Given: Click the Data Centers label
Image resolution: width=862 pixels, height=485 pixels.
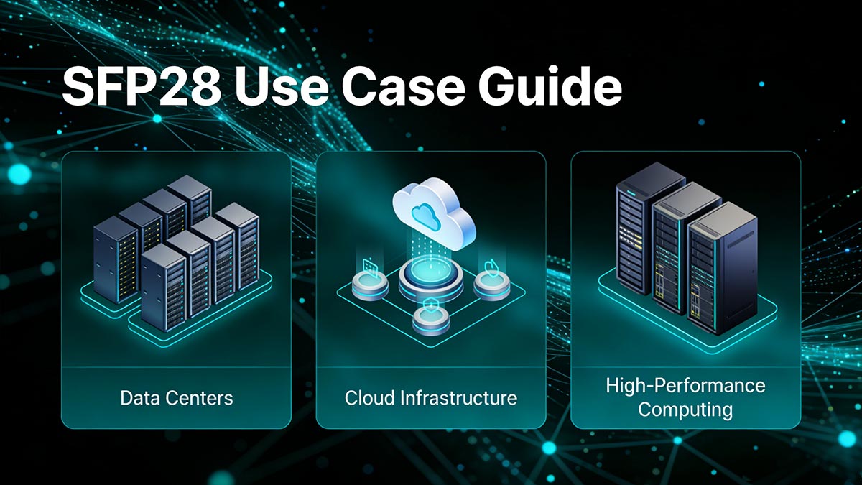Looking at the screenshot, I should pos(177,397).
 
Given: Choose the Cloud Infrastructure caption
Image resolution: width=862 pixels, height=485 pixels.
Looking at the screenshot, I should pos(430,397).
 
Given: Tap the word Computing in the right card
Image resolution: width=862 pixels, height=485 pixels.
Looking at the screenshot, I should pos(685,410).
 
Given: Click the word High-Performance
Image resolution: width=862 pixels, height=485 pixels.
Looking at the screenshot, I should pos(685,386).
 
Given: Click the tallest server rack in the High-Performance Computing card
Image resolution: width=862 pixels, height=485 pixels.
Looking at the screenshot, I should pos(639,226).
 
